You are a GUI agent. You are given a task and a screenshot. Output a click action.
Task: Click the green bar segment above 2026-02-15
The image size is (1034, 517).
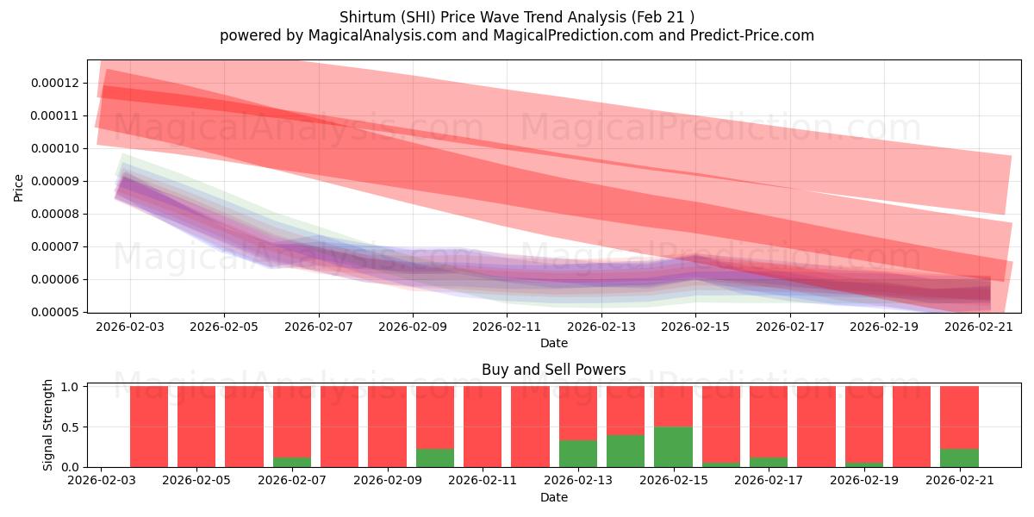click(x=674, y=447)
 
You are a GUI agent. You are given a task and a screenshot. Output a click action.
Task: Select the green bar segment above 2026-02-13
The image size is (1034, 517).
click(x=578, y=454)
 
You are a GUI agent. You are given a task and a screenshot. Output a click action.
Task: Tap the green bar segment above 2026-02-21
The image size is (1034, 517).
click(x=960, y=458)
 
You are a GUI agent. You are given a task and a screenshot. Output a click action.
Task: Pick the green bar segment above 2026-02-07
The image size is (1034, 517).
click(x=292, y=462)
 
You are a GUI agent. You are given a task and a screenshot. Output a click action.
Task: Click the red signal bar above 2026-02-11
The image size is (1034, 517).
click(x=483, y=427)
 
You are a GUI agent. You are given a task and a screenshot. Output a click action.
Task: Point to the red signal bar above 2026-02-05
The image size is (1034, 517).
click(x=196, y=427)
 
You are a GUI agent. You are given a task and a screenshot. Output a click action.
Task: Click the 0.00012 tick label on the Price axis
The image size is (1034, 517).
click(x=55, y=83)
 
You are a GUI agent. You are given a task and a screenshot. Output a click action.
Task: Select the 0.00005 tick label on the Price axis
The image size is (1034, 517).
click(x=55, y=313)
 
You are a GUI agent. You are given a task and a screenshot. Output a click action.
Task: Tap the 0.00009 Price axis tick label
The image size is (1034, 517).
click(x=55, y=182)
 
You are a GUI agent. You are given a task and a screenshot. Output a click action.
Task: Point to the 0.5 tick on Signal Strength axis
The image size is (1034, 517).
click(x=70, y=427)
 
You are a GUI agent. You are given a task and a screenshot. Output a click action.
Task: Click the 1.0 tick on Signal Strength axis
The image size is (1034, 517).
click(x=70, y=386)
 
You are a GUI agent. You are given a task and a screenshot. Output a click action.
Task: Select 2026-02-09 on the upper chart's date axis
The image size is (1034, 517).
click(x=413, y=327)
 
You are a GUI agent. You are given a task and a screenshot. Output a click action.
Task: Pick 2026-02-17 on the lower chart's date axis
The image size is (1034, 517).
click(x=769, y=481)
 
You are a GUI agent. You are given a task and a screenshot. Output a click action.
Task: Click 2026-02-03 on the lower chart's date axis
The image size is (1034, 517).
click(x=102, y=481)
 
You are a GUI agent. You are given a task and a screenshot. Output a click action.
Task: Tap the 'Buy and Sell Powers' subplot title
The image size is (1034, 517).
click(x=553, y=370)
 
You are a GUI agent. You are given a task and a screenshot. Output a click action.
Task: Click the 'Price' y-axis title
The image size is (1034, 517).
click(x=18, y=188)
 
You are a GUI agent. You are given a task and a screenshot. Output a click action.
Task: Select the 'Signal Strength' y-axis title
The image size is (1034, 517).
click(x=47, y=425)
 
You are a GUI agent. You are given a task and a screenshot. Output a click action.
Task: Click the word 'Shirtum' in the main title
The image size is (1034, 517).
click(x=367, y=17)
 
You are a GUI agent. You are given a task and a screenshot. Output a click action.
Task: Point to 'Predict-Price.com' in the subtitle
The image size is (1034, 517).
click(x=752, y=35)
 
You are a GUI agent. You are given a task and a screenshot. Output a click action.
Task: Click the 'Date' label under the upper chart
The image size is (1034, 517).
click(x=554, y=343)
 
